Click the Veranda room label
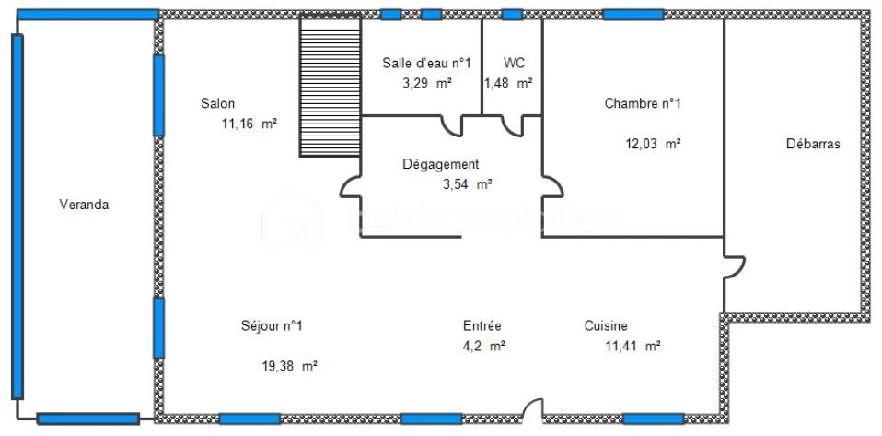tap(84, 205)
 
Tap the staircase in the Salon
tap(331, 87)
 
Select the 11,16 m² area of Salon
tap(250, 124)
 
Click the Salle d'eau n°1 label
tap(426, 63)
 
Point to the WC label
tap(514, 63)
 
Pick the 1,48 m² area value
tap(508, 83)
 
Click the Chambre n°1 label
tap(643, 103)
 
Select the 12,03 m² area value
tap(653, 144)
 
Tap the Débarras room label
tap(813, 144)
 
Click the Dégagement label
tap(441, 164)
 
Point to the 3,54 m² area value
tap(468, 184)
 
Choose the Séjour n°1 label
tap(272, 326)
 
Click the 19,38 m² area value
tap(289, 366)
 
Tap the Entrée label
tap(482, 326)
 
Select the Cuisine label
tap(606, 326)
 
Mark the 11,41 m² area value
tap(632, 347)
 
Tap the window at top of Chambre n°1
tap(633, 14)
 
